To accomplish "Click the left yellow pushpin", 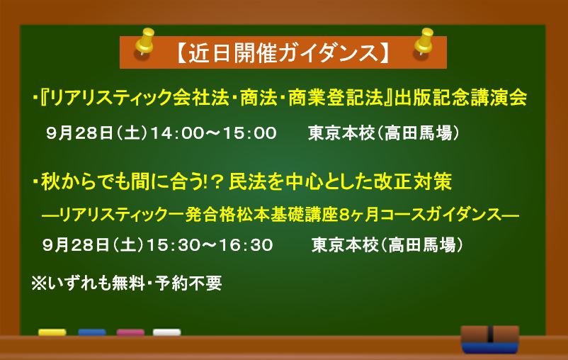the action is tap(145, 41).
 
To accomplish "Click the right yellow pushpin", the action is tap(424, 41).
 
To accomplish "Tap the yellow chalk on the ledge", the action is tap(52, 332).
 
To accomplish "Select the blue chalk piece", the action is tap(92, 332).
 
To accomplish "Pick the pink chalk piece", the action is tap(130, 332).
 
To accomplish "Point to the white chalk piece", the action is tap(166, 332).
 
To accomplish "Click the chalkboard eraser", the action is tap(490, 339).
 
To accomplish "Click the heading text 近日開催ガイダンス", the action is tap(283, 53).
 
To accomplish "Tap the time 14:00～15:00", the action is tap(214, 133).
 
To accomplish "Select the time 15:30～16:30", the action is tap(210, 245).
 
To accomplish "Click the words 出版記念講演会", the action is tap(461, 97).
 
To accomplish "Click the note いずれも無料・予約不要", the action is tap(135, 283).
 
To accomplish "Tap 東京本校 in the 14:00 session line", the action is tap(341, 133).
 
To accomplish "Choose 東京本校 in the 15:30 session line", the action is tap(345, 245).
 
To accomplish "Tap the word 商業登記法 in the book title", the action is tap(336, 97).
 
